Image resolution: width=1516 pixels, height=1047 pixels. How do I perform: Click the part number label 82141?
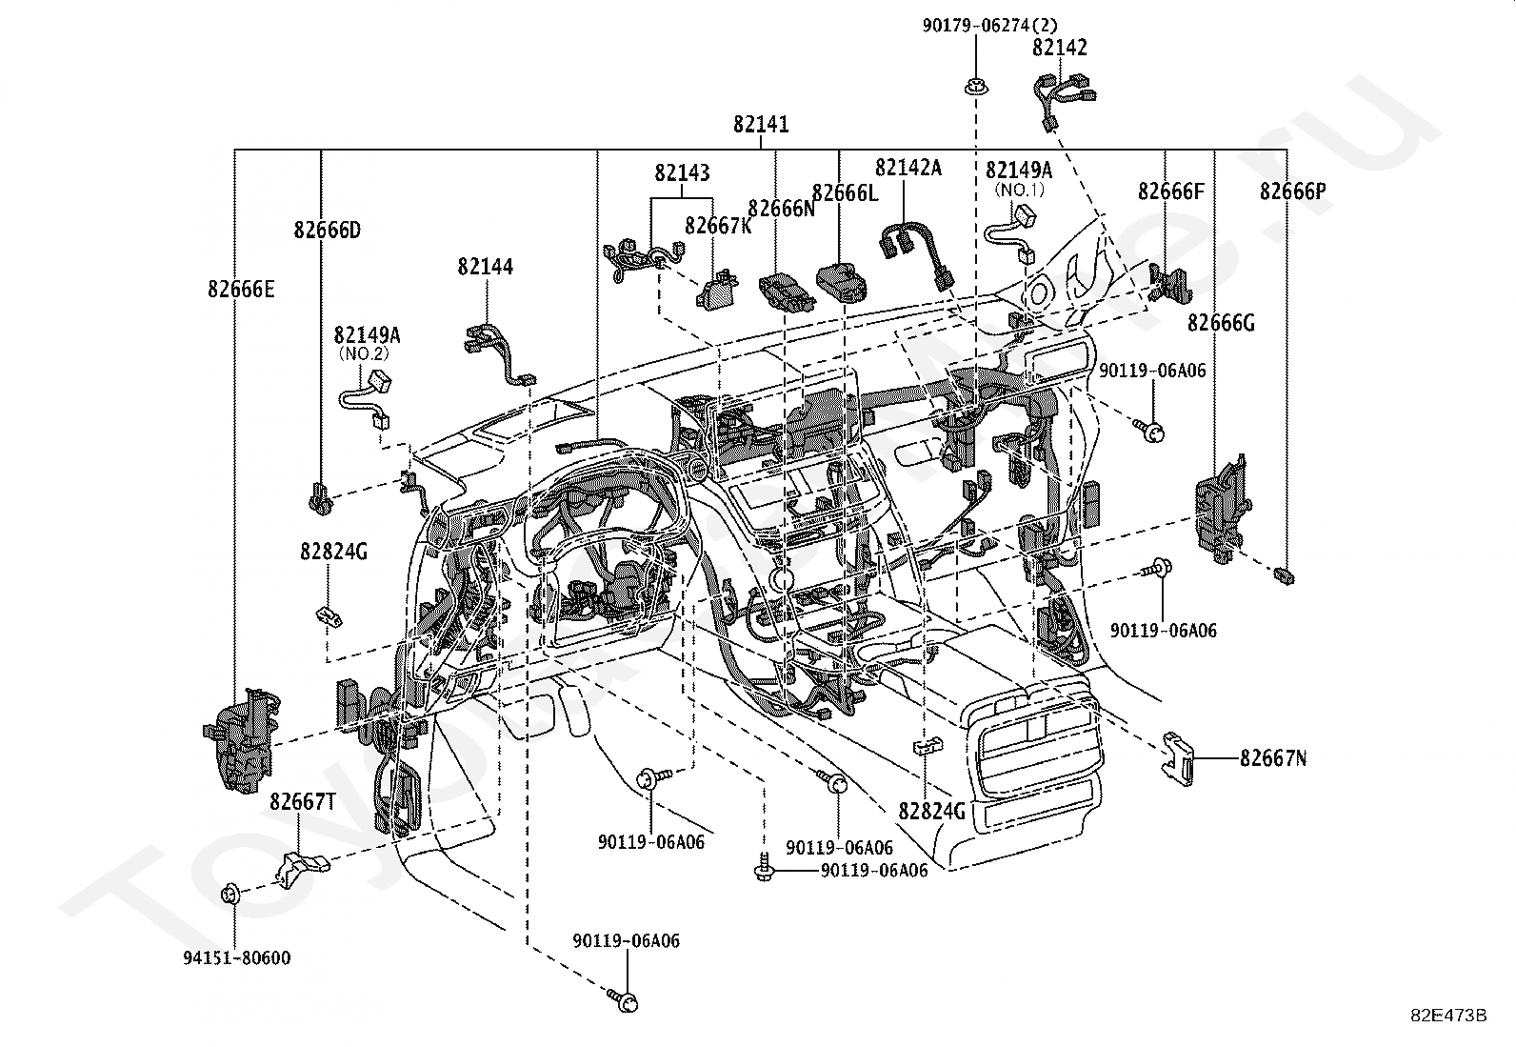coord(761,125)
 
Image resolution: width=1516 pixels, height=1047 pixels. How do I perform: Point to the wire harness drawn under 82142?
coord(1064,96)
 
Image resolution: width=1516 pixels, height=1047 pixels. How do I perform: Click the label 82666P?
coord(1292,191)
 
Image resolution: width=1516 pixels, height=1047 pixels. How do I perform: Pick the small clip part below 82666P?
coord(1287,574)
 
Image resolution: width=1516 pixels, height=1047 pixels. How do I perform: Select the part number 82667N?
coord(1273,758)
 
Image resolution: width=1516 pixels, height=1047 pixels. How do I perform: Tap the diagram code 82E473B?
coord(1449,1016)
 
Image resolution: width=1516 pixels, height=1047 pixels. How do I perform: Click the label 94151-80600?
coord(238,958)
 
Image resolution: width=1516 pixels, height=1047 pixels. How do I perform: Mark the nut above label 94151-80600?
coord(229,894)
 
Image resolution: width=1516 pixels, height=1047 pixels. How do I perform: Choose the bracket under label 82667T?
coord(299,864)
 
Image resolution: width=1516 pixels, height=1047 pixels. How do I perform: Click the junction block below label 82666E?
coord(242,737)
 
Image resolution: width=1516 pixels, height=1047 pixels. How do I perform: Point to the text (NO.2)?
coord(365,352)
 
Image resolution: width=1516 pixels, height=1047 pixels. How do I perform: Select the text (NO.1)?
coord(1020,190)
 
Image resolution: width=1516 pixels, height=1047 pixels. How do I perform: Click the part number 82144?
coord(485,267)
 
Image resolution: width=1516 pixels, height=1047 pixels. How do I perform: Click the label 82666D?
coord(327,230)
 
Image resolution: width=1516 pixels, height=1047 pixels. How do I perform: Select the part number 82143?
coord(682,173)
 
